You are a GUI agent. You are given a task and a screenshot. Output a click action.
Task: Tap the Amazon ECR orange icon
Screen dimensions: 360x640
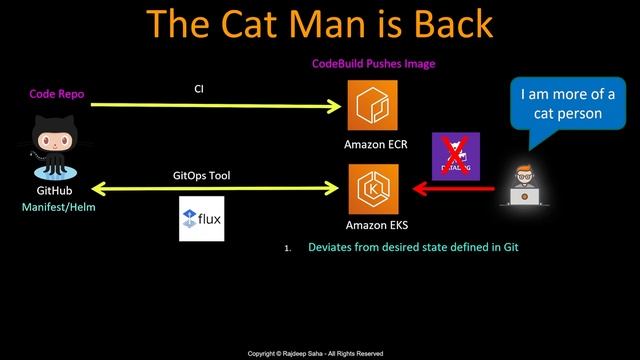tap(366, 105)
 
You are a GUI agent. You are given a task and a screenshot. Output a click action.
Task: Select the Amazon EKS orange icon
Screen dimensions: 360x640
tap(366, 187)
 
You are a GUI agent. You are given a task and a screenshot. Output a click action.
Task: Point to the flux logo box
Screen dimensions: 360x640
tap(202, 220)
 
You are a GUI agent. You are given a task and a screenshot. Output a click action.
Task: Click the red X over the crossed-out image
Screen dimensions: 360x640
tap(455, 155)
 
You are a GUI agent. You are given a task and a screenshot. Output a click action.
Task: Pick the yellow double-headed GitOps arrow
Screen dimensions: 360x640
tap(200, 187)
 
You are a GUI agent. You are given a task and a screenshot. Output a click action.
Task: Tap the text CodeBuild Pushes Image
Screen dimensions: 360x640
tap(373, 64)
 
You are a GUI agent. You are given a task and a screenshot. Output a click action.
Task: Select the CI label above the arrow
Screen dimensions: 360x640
tap(199, 89)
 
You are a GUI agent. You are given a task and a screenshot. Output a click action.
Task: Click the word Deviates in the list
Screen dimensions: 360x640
tap(331, 247)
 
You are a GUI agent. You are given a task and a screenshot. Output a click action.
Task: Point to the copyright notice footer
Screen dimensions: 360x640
tap(316, 353)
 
